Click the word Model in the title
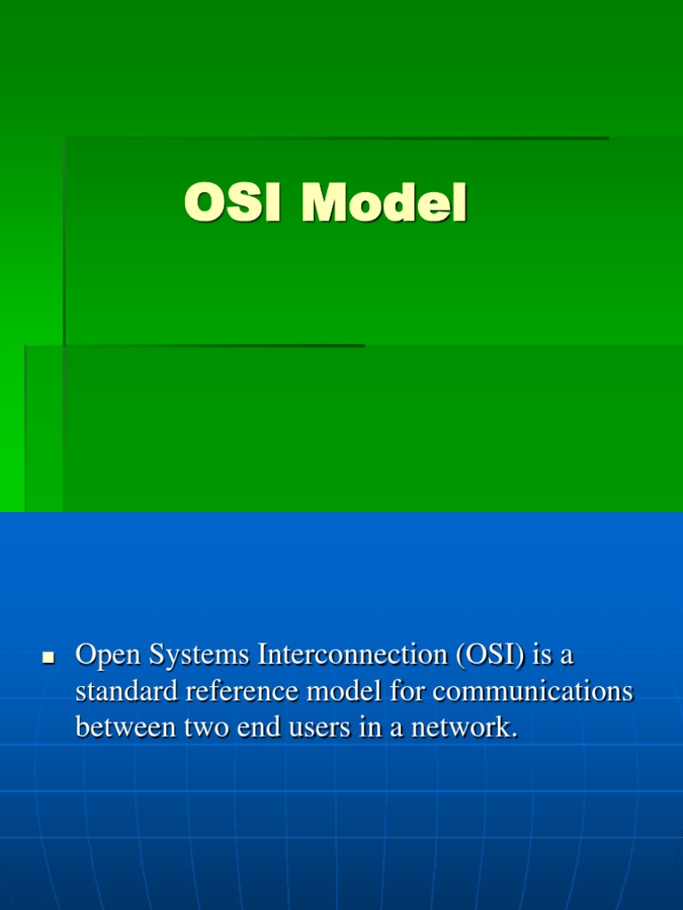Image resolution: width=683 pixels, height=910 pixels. tap(384, 204)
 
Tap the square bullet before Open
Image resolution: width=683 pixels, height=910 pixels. tap(48, 659)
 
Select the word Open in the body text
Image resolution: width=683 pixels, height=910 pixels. tap(108, 656)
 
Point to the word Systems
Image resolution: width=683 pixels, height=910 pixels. tap(199, 656)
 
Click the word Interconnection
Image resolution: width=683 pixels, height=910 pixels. tap(353, 655)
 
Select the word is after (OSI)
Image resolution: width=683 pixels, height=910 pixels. tap(542, 655)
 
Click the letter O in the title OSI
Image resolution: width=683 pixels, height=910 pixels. tap(203, 204)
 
